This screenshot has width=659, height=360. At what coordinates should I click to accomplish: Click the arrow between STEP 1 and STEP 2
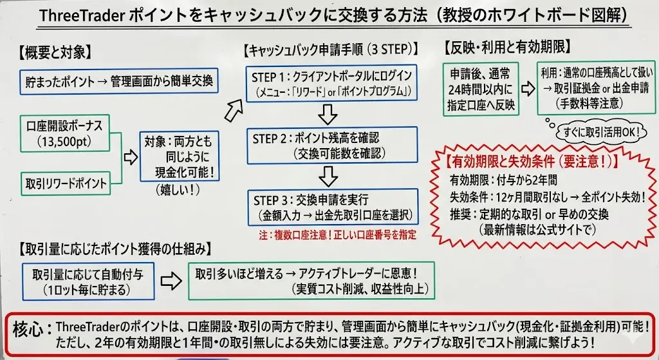coord(329,113)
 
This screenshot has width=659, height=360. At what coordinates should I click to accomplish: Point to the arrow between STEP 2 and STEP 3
coord(329,175)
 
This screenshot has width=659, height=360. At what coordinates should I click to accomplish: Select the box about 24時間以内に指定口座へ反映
coord(480,89)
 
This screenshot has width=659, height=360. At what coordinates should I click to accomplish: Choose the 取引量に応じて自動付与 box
coord(88,280)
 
